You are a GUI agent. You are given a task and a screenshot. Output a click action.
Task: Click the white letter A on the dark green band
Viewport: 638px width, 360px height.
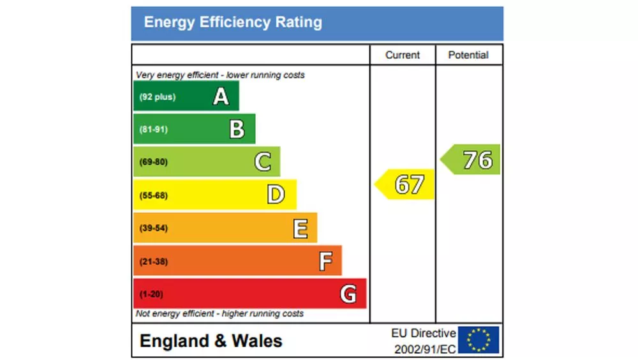point(221,96)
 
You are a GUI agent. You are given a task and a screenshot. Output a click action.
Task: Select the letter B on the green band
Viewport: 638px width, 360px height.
point(237,130)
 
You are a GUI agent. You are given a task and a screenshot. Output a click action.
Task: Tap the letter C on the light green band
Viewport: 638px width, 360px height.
point(262,162)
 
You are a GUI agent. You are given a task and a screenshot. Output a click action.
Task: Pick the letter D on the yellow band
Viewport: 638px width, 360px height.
point(275,195)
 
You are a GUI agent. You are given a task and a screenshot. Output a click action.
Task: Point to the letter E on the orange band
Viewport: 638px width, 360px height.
point(300,228)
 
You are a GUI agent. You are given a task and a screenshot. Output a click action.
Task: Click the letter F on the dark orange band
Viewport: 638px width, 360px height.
point(325,260)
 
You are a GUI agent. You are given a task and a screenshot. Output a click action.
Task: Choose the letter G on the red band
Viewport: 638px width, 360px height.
point(348,294)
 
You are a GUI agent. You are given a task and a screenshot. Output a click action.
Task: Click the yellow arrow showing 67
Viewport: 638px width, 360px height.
point(406,184)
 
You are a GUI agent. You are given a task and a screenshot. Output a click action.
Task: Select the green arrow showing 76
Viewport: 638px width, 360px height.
point(472,160)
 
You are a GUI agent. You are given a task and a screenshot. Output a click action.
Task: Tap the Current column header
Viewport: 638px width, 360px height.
point(403,56)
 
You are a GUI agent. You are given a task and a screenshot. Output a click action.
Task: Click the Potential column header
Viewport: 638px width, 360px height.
point(468,56)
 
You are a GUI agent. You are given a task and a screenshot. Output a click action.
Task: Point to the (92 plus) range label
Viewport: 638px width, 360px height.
point(157,97)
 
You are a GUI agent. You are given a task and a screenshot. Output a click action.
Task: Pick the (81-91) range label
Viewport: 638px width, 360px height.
point(154,130)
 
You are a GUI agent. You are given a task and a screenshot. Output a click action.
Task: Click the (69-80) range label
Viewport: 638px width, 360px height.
point(154,162)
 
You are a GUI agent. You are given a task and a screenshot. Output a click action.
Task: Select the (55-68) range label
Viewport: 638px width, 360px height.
point(154,195)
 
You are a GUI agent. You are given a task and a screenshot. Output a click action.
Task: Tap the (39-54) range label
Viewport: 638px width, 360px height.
point(154,228)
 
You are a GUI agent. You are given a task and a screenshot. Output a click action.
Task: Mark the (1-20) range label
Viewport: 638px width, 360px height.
point(151,294)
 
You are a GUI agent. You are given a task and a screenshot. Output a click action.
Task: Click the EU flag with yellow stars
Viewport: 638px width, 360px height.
point(478,340)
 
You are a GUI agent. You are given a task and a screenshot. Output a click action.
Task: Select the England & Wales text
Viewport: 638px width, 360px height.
point(211,341)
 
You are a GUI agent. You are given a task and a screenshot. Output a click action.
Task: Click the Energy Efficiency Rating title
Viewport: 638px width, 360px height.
point(233,23)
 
